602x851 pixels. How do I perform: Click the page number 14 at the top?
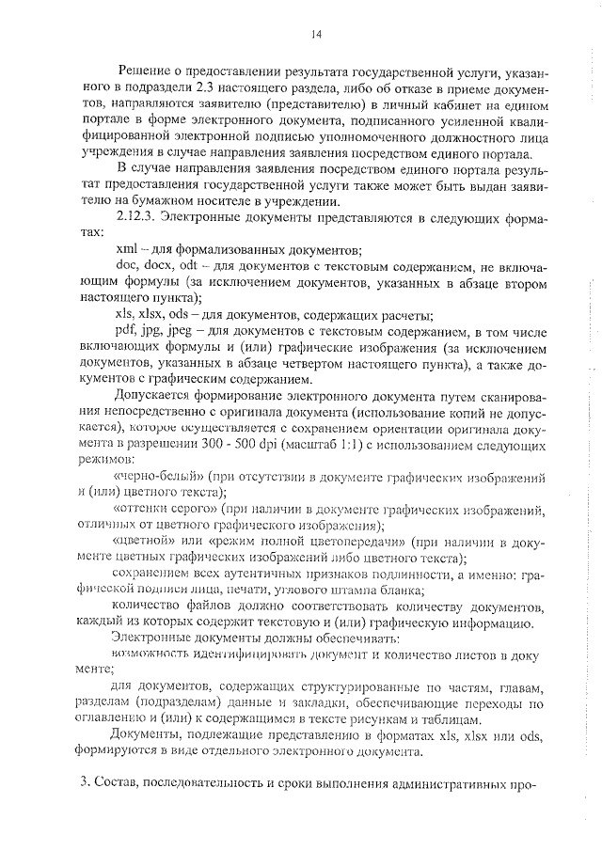click(x=316, y=35)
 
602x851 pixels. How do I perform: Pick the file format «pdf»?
click(x=125, y=332)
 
